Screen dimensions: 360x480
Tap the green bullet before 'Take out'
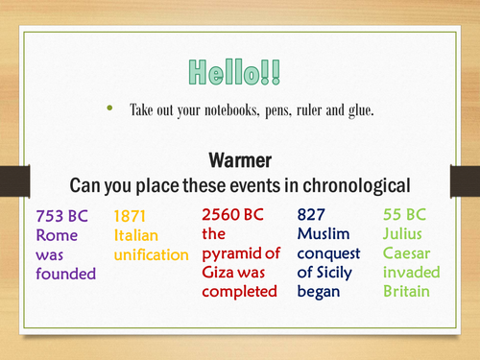pyautogui.click(x=109, y=109)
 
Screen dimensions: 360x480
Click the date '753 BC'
pyautogui.click(x=60, y=216)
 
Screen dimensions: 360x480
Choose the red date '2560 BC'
pyautogui.click(x=235, y=214)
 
